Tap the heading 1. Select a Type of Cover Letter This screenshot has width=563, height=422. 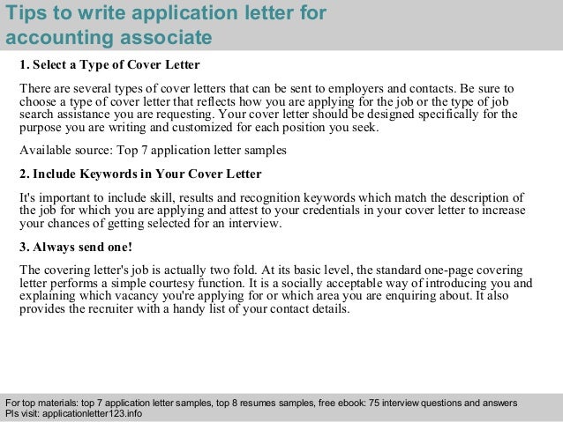(x=109, y=67)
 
